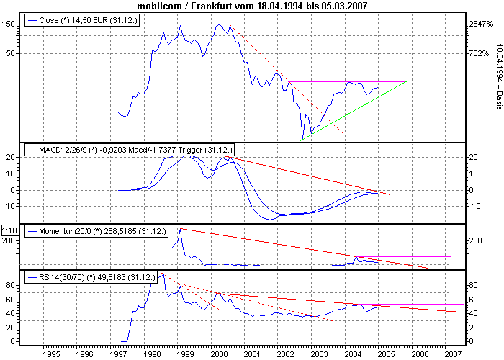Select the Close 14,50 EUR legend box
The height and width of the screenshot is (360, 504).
tap(81, 22)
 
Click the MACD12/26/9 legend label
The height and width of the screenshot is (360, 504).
tap(130, 150)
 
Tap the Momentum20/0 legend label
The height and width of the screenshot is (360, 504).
tap(96, 232)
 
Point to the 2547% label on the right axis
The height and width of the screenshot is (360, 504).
tap(478, 24)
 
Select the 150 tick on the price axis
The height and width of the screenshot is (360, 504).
tap(9, 24)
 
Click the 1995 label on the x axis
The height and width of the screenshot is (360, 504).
tap(50, 355)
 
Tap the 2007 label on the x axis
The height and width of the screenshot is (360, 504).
tap(451, 355)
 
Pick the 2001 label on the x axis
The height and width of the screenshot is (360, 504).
tap(251, 355)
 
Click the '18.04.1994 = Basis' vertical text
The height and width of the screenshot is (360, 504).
tap(498, 76)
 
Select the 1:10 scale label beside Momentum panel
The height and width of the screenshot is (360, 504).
tap(9, 230)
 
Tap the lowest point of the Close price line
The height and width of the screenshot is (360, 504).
tap(302, 138)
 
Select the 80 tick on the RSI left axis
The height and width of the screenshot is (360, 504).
tap(11, 286)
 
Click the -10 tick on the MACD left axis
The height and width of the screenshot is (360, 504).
tap(9, 206)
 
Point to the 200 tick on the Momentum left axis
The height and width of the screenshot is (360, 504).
tap(9, 241)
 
